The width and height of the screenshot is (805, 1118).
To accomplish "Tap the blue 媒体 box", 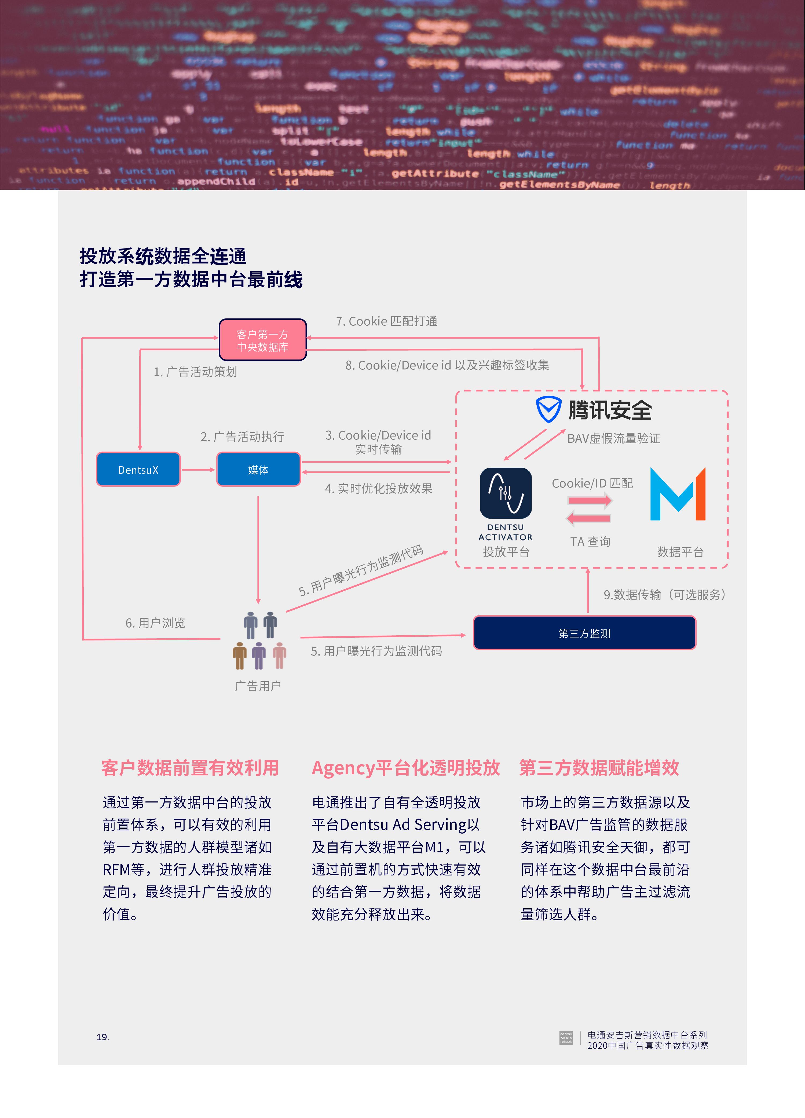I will point(258,470).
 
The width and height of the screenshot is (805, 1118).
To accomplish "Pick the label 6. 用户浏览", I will point(155,623).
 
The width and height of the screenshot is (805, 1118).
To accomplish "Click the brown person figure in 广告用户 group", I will point(240,656).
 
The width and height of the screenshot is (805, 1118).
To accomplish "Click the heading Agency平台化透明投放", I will point(406,768).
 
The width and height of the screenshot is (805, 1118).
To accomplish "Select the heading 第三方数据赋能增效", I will point(599,768).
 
